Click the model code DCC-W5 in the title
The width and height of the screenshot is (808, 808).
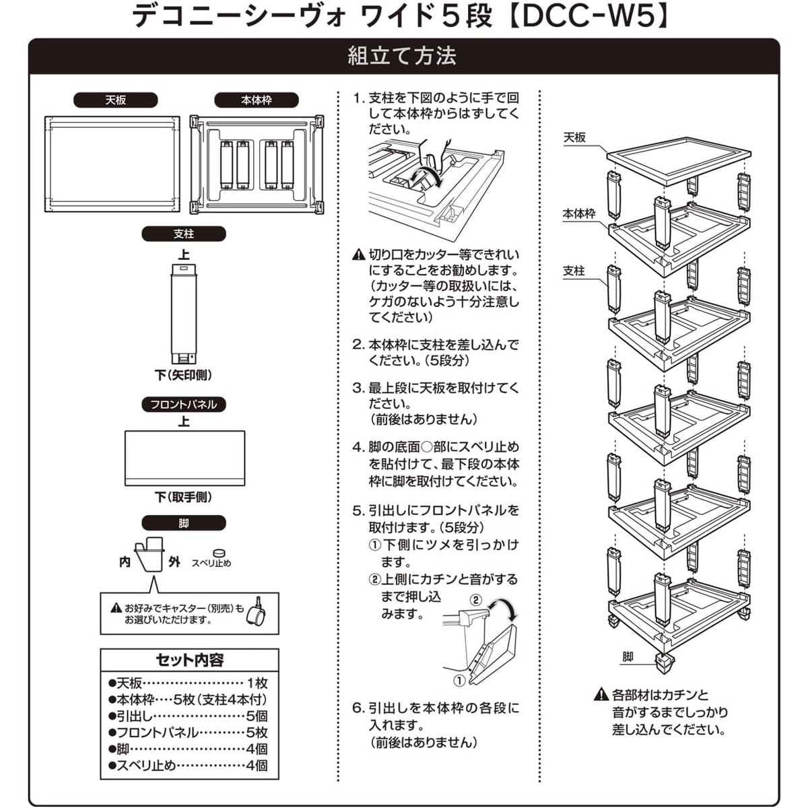coord(587,16)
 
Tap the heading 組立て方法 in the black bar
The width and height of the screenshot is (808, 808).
coord(402,56)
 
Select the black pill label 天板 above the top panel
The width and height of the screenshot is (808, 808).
coord(116,100)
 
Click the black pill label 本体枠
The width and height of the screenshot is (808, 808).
coord(257,100)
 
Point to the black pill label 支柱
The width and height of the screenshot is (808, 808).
coord(183,234)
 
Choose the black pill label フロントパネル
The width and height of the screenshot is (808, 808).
coord(183,404)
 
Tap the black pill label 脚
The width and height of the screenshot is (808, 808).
coord(183,523)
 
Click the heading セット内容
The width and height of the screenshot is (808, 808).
coord(189,660)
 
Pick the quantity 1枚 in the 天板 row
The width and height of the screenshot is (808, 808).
coord(257,683)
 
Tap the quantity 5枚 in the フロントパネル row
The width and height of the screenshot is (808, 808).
coord(257,733)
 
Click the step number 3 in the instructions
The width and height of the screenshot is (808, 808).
coord(358,389)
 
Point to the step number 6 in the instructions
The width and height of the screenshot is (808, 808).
coord(358,708)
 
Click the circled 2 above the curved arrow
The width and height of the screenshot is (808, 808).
coord(475,599)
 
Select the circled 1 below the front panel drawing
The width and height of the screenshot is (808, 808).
coord(459,680)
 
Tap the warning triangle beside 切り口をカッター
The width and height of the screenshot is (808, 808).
coord(359,255)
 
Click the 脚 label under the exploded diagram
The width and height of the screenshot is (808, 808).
coord(628,657)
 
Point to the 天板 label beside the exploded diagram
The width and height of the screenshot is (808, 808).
coord(574,137)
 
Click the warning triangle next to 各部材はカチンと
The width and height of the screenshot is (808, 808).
coord(601,694)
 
